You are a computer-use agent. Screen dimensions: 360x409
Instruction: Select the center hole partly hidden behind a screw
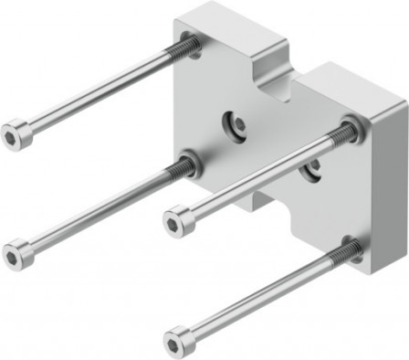(x=312, y=167)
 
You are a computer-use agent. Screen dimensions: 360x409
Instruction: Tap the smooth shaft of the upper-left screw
(x=100, y=89)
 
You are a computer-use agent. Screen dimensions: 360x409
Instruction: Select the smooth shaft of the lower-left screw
(x=100, y=210)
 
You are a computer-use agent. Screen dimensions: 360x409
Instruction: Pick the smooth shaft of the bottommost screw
(x=265, y=294)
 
